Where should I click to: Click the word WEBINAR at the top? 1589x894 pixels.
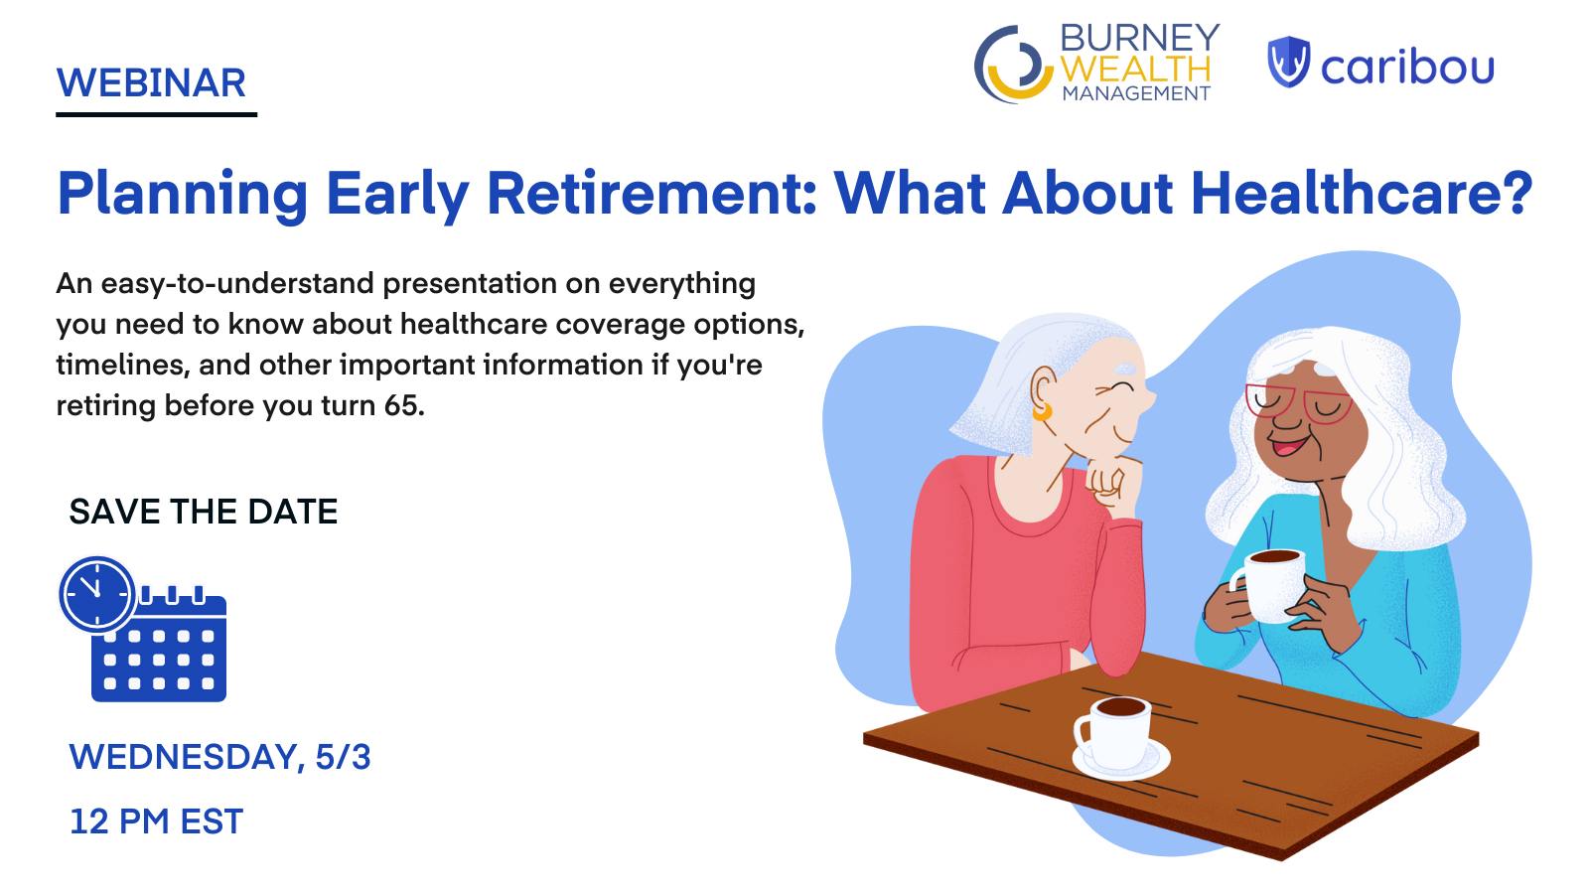pos(151,83)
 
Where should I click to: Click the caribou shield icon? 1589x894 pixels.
pos(1288,62)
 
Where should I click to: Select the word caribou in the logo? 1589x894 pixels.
pos(1407,67)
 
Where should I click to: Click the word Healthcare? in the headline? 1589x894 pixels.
pos(1362,193)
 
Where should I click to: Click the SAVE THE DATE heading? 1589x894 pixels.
pos(204,512)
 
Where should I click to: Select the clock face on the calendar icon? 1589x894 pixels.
pos(96,595)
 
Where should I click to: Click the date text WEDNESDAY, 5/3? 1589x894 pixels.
pos(219,756)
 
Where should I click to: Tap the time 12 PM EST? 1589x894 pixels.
pos(156,821)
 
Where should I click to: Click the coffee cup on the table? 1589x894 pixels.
pos(1113,732)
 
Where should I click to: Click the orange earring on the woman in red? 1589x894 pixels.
pos(1043,411)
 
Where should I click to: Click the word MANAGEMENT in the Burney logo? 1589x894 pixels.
pos(1136,93)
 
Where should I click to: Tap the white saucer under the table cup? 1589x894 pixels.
pos(1121,761)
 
